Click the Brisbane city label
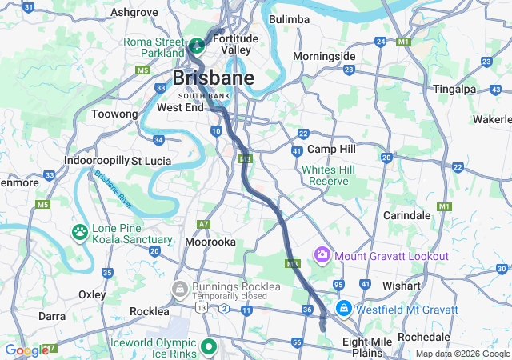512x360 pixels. (214, 78)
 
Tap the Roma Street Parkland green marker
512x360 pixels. (196, 42)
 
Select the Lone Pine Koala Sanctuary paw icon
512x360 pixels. (81, 233)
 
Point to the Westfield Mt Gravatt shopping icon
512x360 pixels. (343, 309)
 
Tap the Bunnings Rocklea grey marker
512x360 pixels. (180, 286)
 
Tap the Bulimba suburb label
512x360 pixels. (289, 18)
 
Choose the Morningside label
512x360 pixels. (324, 56)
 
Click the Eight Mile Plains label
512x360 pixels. (367, 346)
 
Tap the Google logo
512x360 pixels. (26, 350)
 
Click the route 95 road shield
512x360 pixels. (339, 285)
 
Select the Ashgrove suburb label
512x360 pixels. (134, 12)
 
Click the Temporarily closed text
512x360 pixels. (228, 296)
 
